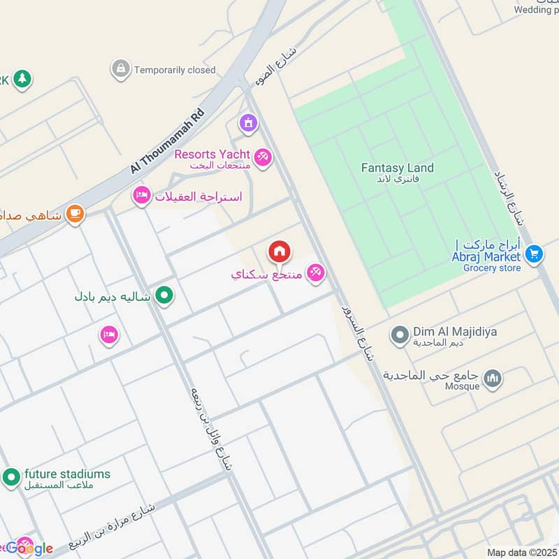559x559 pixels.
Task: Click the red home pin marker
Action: coord(279,252)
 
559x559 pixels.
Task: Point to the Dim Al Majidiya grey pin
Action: coord(399,336)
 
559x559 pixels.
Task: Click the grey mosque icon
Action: coord(493,378)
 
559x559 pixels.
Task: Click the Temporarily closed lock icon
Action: coord(121,69)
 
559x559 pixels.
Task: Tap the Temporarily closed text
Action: coord(175,70)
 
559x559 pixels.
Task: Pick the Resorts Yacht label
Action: coord(212,154)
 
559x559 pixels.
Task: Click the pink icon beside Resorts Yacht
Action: coord(263,157)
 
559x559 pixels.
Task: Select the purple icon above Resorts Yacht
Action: coord(247,124)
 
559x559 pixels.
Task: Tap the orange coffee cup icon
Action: coord(75,214)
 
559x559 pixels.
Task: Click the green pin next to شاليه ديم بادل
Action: coord(164,296)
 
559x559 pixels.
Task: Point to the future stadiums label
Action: coord(67,474)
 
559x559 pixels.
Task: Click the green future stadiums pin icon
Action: coord(10,478)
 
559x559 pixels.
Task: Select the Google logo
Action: coord(29,549)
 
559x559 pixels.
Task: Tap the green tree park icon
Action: coord(22,79)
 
